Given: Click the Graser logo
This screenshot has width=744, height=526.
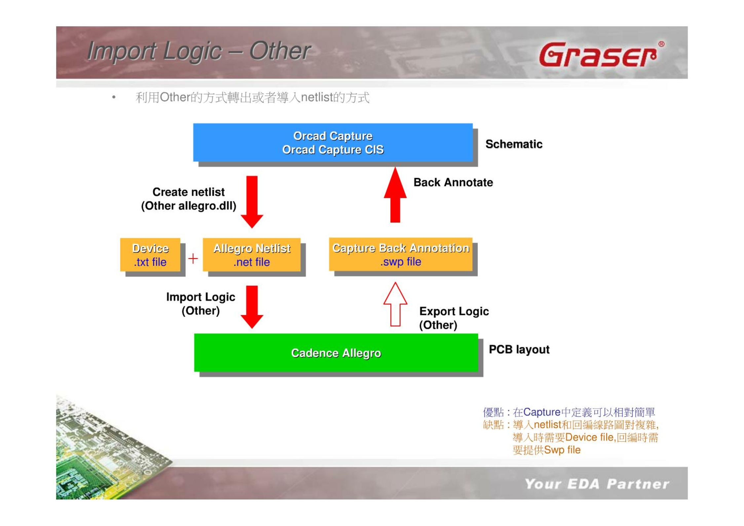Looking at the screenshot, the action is (602, 54).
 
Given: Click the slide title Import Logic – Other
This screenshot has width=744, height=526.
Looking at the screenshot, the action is (199, 51).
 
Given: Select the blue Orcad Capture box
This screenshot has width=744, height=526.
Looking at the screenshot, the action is (333, 143).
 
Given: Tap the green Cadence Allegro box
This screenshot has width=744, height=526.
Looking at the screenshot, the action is (336, 353).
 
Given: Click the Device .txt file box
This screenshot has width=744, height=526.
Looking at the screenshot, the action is (150, 255).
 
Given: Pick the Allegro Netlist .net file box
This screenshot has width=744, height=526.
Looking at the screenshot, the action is (252, 255).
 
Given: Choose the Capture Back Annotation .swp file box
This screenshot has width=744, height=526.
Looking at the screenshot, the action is (401, 254).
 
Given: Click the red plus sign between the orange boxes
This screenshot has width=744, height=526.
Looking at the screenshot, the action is (193, 258).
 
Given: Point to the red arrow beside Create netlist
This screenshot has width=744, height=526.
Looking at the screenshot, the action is (252, 202).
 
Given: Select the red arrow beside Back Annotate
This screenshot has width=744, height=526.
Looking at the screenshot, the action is (395, 195).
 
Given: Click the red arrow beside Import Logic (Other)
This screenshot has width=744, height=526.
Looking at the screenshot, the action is (252, 307).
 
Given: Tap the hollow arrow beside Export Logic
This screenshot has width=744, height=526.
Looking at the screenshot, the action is (395, 304).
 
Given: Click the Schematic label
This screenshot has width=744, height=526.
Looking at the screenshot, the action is (514, 144).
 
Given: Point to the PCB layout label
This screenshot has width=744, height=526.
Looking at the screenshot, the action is (519, 349).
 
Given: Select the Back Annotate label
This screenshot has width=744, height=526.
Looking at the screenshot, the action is (453, 182).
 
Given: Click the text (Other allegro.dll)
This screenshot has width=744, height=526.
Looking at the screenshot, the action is (189, 206).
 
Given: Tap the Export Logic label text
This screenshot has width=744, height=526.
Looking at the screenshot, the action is (454, 311).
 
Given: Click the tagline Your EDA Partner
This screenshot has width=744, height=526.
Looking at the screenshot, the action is (597, 484).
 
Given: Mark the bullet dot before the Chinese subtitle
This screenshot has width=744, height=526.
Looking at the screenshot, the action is (114, 97).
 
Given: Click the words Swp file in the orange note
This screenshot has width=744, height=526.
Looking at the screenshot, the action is (562, 450).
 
